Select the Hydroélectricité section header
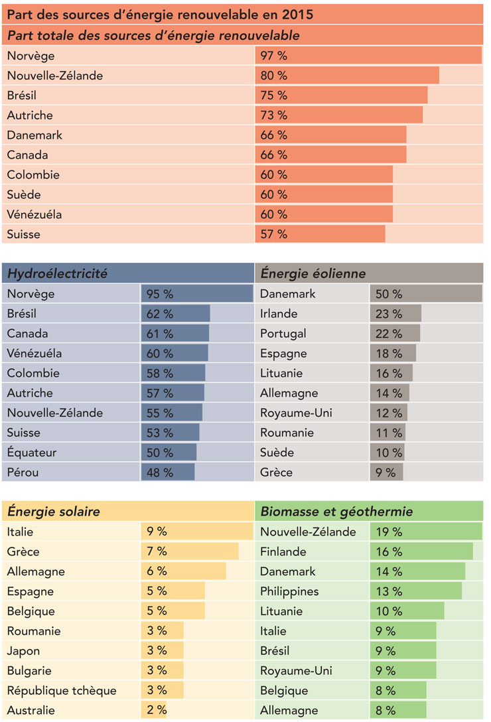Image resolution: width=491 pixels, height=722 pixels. (57, 273)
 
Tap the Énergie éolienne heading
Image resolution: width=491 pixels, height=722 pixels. (313, 273)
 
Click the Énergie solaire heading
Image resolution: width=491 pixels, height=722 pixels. (54, 512)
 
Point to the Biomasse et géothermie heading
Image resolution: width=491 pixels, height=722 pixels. (336, 512)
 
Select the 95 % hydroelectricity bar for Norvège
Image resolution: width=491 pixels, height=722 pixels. (196, 293)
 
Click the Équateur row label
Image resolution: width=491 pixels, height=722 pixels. (32, 453)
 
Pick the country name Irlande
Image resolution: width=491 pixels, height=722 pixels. (279, 313)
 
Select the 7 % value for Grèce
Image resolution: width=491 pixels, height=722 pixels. (157, 551)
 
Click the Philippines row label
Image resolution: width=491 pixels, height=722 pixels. (289, 591)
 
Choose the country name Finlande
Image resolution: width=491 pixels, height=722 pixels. (283, 551)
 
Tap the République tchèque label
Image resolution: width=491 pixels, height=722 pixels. (62, 691)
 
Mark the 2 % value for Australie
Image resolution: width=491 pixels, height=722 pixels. (157, 711)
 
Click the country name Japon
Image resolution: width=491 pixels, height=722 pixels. (23, 651)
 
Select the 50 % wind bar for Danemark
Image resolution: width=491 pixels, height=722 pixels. (425, 293)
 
